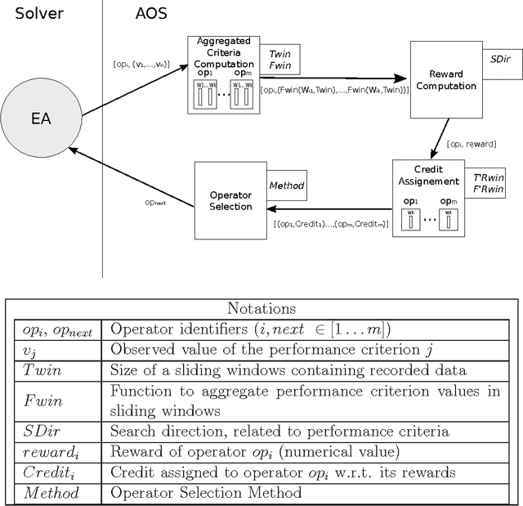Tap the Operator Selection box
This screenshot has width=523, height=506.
[x=230, y=200]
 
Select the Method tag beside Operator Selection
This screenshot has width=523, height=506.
[x=286, y=186]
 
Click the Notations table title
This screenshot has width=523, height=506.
[x=261, y=309]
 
